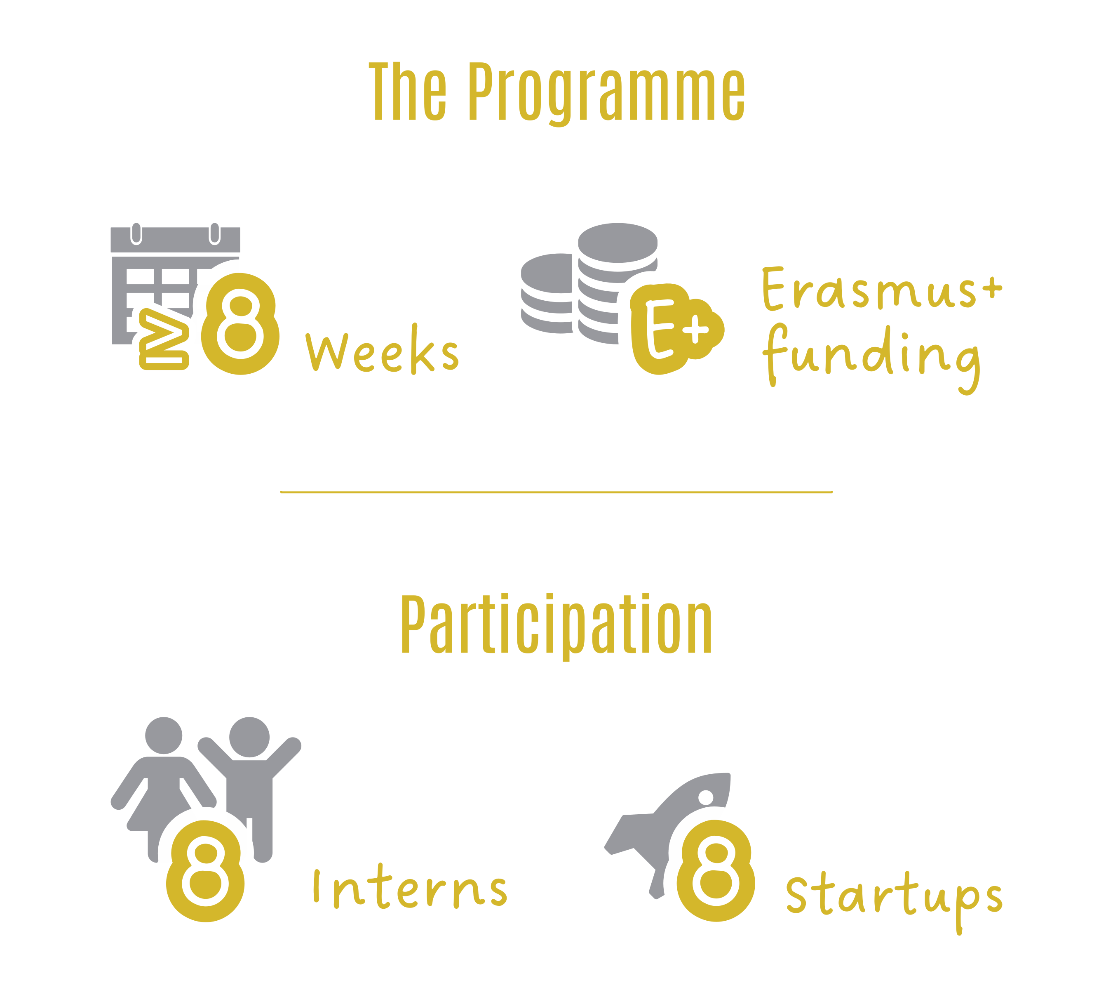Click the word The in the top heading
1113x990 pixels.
(x=407, y=91)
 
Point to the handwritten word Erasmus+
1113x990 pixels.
(x=882, y=288)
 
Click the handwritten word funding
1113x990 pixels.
(x=871, y=360)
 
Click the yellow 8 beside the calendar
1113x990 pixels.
(x=240, y=324)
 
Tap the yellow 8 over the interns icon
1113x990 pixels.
(x=205, y=871)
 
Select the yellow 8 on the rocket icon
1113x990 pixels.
(x=716, y=870)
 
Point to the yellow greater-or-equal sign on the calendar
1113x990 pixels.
(x=164, y=339)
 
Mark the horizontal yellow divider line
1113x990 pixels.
(x=556, y=492)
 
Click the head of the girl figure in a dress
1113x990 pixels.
(x=163, y=735)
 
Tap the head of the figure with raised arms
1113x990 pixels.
(x=249, y=737)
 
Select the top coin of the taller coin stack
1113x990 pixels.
(x=618, y=243)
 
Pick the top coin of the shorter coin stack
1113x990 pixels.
(x=547, y=273)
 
